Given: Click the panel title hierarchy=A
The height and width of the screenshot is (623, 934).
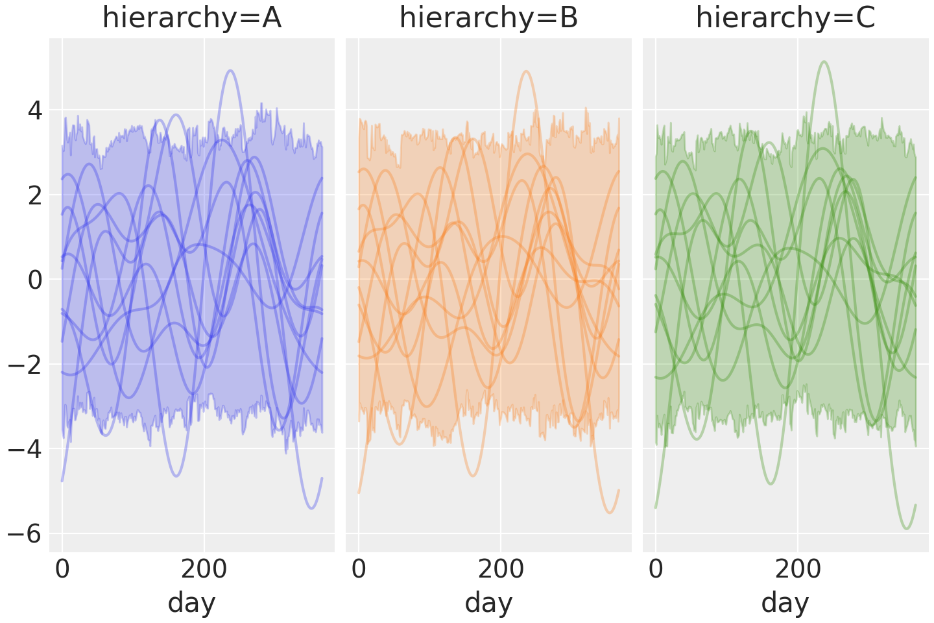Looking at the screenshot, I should click(192, 18).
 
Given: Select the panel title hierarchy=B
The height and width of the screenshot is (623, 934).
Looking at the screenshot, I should click(488, 18).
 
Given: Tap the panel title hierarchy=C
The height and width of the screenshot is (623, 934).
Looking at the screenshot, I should click(785, 18).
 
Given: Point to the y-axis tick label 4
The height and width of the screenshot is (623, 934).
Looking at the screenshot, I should click(34, 111).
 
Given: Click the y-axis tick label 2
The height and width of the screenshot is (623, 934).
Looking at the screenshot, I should click(34, 195).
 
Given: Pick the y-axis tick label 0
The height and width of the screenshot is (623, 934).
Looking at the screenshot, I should click(34, 280).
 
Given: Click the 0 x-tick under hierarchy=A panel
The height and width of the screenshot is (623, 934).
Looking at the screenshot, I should click(62, 570).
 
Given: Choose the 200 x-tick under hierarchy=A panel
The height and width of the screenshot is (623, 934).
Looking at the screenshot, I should click(204, 570).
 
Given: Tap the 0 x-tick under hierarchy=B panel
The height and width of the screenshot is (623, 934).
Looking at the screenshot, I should click(359, 570).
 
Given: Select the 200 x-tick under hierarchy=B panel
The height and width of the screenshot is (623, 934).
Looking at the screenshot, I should click(500, 570).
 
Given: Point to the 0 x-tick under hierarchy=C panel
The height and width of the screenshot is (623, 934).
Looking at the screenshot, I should click(656, 570).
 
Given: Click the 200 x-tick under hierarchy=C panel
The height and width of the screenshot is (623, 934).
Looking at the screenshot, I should click(797, 570).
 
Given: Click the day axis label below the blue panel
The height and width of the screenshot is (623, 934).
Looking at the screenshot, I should click(192, 602).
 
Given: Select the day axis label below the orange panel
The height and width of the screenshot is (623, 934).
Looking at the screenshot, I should click(488, 602).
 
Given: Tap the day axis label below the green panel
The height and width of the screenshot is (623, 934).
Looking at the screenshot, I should click(785, 602).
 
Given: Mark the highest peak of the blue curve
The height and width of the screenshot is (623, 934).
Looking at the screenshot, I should click(230, 71).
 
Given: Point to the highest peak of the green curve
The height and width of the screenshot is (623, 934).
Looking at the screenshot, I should click(824, 62).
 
